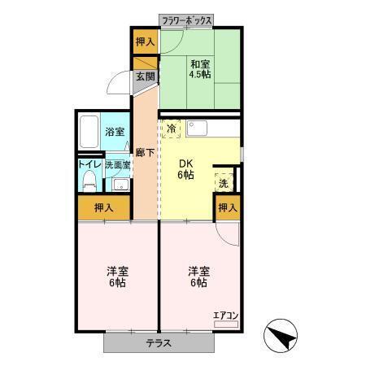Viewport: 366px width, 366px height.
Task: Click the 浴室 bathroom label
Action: [x=114, y=132]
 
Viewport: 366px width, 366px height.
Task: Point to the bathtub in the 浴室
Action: [x=89, y=131]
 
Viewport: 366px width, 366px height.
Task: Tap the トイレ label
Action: [x=89, y=163]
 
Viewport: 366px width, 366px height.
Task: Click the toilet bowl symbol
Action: [x=89, y=181]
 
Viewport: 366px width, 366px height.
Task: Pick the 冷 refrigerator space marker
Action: [x=172, y=129]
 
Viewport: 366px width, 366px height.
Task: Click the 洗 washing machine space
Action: [x=224, y=183]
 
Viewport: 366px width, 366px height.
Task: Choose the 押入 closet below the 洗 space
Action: [x=227, y=207]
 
